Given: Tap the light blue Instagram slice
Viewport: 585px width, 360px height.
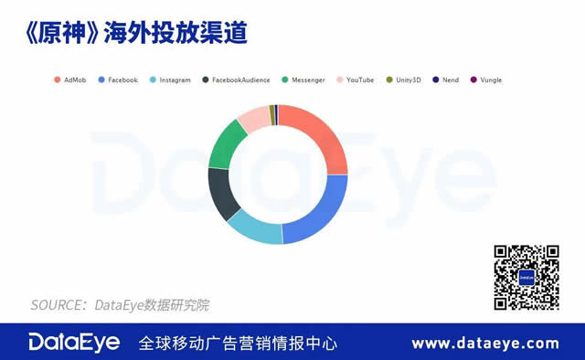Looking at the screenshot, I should (x=256, y=228).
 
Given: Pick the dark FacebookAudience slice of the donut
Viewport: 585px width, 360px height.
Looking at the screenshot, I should (x=222, y=194).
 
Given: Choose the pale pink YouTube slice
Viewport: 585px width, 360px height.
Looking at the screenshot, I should (x=253, y=117).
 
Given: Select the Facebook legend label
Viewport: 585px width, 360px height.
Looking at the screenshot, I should (x=122, y=79).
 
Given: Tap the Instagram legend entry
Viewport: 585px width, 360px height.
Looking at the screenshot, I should (x=175, y=79).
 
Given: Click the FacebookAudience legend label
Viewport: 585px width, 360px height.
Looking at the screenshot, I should (x=240, y=79).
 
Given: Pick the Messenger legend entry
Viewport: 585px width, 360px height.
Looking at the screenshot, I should (x=308, y=79).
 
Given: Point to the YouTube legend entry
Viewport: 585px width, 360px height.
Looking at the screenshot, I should (x=359, y=79).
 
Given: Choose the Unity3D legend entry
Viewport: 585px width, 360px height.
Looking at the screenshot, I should (x=409, y=79).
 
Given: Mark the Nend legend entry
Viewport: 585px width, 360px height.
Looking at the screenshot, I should (x=451, y=79).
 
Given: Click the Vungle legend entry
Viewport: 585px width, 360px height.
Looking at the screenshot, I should (x=490, y=79).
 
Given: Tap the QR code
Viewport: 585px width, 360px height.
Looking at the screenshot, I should (x=526, y=277).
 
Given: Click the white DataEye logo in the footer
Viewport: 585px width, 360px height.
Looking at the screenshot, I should (x=73, y=343).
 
